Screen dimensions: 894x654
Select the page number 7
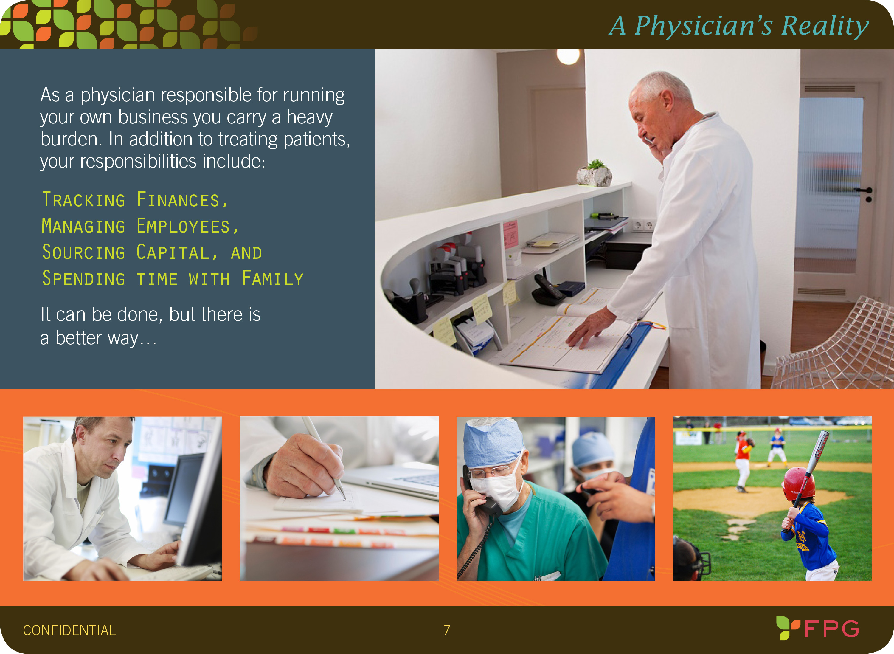point(447,630)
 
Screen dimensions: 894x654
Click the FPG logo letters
point(831,628)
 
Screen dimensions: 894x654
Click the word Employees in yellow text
point(187,226)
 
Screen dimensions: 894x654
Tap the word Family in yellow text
point(273,278)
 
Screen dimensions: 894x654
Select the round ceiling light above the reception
point(568,56)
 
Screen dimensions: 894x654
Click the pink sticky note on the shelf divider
point(510,234)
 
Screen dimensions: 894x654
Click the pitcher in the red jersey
point(743,461)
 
